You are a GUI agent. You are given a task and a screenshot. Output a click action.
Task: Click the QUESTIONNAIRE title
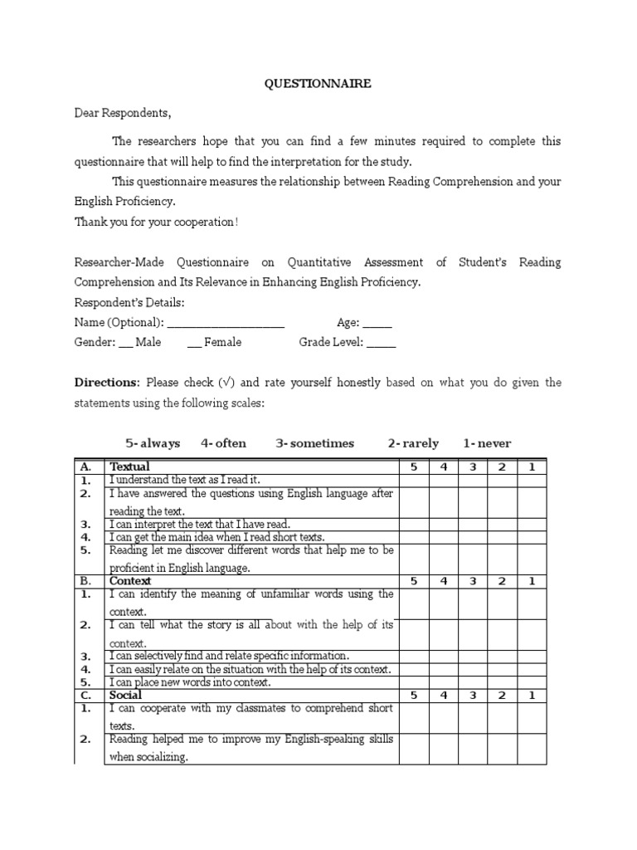[x=318, y=84]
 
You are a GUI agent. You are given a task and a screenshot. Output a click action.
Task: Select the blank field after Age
[x=377, y=324]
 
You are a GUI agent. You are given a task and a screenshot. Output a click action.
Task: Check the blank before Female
[x=194, y=343]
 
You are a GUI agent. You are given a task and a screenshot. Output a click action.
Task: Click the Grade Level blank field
[x=381, y=343]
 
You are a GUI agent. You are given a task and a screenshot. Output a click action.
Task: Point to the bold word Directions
[x=107, y=383]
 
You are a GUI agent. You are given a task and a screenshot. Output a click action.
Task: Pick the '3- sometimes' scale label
[x=315, y=443]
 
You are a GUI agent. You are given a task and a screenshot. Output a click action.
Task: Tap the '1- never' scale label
[x=488, y=443]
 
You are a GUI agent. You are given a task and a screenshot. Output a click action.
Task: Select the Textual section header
[x=130, y=467]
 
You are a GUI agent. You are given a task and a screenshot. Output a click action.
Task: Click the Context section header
[x=130, y=581]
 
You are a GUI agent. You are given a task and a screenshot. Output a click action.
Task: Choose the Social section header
[x=126, y=695]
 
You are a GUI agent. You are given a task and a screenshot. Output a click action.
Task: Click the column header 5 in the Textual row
[x=414, y=467]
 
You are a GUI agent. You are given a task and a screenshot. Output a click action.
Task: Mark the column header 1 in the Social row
[x=532, y=695]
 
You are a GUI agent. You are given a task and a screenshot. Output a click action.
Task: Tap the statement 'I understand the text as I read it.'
[x=185, y=480]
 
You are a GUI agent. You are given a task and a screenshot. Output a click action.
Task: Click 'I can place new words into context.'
[x=190, y=682]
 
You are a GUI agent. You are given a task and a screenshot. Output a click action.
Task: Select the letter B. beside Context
[x=85, y=581]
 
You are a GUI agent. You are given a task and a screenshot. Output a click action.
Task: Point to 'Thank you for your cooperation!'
[x=157, y=222]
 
